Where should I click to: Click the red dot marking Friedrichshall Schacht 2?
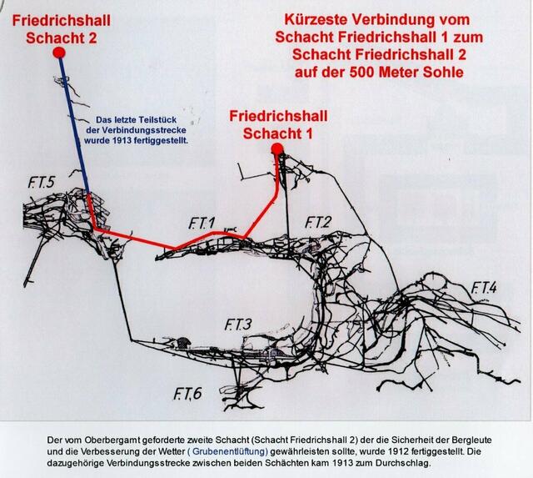[59, 53]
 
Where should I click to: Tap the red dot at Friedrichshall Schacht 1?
[277, 148]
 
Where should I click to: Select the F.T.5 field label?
[41, 183]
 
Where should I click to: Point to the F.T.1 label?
[202, 224]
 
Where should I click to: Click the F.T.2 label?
[318, 223]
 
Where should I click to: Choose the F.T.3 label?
[238, 325]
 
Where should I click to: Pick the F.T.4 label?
[483, 288]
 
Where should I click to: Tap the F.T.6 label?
[187, 394]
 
